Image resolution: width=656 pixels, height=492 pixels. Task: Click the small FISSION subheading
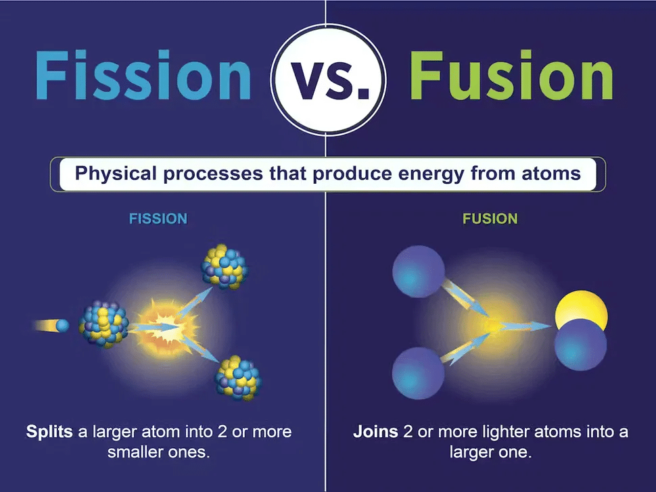[159, 219]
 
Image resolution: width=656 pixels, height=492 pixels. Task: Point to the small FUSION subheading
[490, 219]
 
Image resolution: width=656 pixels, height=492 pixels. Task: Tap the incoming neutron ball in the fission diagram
[62, 326]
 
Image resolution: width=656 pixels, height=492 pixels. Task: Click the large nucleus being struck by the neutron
[104, 324]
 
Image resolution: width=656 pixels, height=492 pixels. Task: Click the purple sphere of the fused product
[580, 345]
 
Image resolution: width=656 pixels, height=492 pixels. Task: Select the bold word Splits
[49, 431]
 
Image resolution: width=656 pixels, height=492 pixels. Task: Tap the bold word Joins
[375, 431]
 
